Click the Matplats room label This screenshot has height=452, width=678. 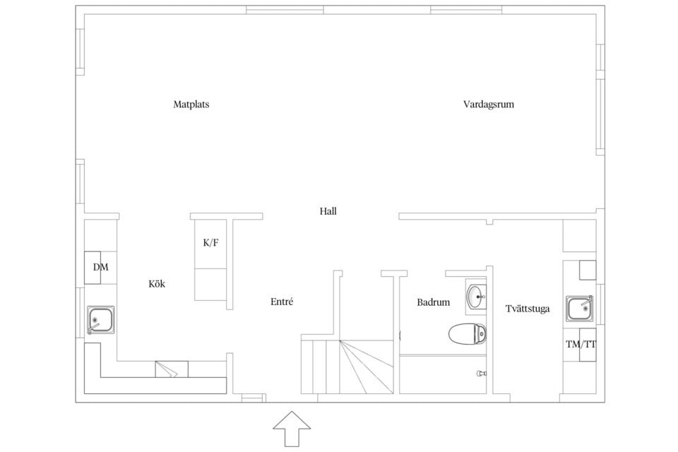pos(191,105)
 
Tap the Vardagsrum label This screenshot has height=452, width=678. pos(488,105)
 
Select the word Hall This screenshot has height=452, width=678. pos(328,210)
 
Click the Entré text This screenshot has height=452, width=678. pos(282,302)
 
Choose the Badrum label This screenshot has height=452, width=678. pos(433,302)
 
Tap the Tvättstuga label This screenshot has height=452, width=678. pos(528,309)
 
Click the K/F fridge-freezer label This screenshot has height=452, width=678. pos(210,243)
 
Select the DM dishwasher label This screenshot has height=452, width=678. pos(100,267)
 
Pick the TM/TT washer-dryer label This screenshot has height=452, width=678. pos(581,345)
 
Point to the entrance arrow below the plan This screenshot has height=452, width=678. pos(290,428)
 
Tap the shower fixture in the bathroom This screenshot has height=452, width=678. pos(482,373)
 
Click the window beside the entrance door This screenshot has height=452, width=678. pos(251,399)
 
